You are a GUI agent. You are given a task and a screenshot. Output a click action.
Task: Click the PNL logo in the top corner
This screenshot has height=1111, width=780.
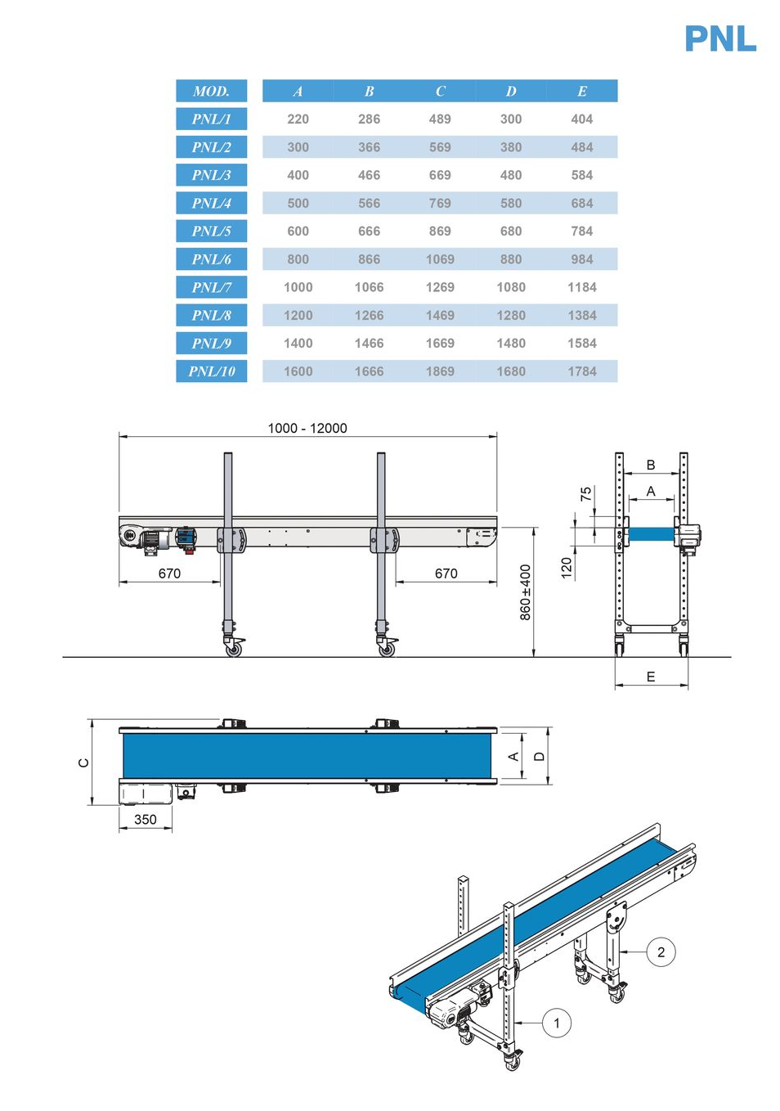coord(720,38)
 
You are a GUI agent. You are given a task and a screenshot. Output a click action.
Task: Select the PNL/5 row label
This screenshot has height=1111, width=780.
coord(212,232)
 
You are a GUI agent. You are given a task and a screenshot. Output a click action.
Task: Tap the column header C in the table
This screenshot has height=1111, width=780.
coord(440,92)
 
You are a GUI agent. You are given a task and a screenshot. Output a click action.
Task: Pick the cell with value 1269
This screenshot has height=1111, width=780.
coord(440,287)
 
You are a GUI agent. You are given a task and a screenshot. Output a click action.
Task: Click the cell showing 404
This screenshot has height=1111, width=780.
coord(582,119)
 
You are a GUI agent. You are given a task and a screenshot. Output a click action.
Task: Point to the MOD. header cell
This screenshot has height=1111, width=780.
coord(212,91)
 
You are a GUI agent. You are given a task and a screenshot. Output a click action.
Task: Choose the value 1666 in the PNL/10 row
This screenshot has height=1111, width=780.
coord(370,371)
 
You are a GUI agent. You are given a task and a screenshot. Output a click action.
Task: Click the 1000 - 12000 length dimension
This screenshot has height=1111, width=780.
coord(307,428)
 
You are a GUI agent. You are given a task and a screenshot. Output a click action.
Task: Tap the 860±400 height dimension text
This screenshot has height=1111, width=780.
coord(525,592)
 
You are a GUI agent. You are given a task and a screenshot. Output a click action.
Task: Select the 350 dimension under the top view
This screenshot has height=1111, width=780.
coord(146,820)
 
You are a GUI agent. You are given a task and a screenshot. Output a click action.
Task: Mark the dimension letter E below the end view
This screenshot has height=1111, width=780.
coord(651,677)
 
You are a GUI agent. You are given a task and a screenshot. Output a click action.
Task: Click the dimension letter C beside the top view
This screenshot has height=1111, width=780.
coord(84,762)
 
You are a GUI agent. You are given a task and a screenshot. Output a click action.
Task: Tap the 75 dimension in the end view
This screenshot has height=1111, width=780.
coord(585,493)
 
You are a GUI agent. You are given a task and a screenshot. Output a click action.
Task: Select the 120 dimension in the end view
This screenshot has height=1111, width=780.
coord(567,568)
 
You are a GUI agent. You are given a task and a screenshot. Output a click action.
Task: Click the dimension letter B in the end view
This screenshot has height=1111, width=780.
coord(651,465)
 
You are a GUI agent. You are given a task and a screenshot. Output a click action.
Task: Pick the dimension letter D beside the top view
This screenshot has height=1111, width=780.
coord(539,757)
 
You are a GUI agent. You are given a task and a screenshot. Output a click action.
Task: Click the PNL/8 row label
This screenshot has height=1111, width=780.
coord(212,315)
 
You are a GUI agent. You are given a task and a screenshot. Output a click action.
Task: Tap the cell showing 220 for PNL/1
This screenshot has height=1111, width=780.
coord(298,119)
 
